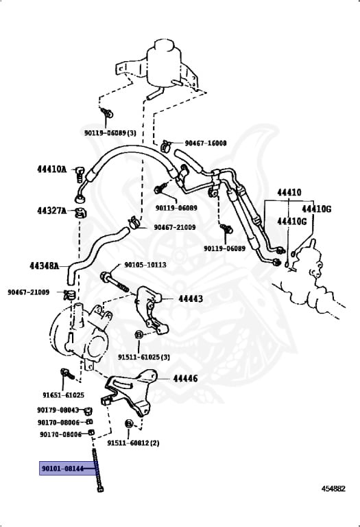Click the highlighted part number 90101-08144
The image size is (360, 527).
(x=62, y=468)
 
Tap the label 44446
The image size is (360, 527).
(x=185, y=379)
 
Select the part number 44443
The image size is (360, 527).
(x=191, y=298)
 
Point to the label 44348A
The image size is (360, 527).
(x=45, y=266)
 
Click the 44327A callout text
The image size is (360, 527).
(x=51, y=211)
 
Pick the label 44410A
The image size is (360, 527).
(x=51, y=169)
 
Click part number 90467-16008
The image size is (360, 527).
(x=206, y=143)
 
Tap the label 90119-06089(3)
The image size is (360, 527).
(x=110, y=133)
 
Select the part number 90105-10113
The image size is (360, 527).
(x=145, y=265)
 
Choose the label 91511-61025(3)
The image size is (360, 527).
(x=144, y=357)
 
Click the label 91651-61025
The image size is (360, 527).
(x=64, y=395)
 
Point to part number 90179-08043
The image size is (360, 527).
(x=58, y=410)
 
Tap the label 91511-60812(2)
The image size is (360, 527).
(x=133, y=443)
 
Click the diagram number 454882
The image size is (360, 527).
(x=333, y=489)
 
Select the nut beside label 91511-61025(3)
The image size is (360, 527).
(x=139, y=335)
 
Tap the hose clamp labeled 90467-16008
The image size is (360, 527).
(x=166, y=145)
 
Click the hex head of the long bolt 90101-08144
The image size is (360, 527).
(x=100, y=489)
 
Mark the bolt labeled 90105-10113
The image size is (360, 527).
(x=115, y=282)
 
